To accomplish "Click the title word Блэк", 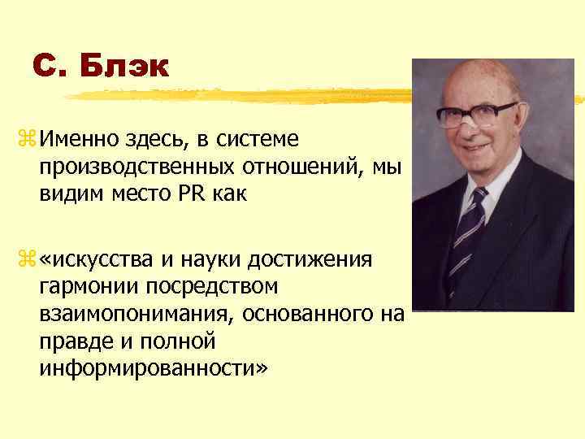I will pos(125,66).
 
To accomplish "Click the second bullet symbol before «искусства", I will pos(22,259).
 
